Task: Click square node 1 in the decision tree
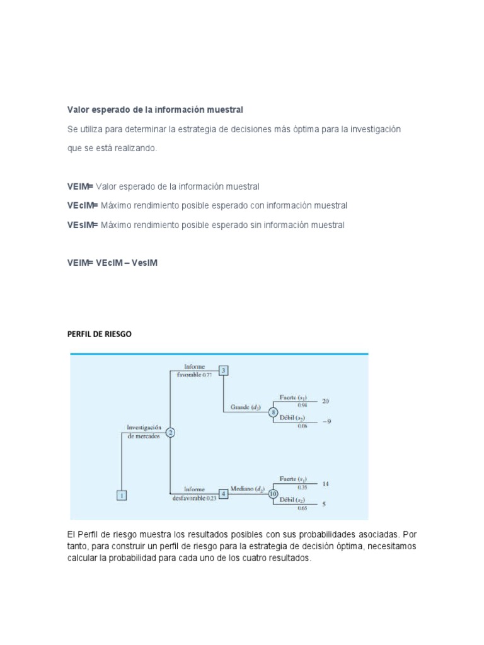122,495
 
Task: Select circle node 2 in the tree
170,433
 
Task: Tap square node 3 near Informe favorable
223,370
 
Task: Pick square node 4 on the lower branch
223,494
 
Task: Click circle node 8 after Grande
273,412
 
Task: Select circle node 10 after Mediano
273,494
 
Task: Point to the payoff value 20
325,401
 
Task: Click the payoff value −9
326,423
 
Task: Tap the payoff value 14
325,484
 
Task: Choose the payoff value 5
324,504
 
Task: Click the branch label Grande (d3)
248,408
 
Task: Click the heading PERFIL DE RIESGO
100,334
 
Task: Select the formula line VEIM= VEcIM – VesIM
112,263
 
